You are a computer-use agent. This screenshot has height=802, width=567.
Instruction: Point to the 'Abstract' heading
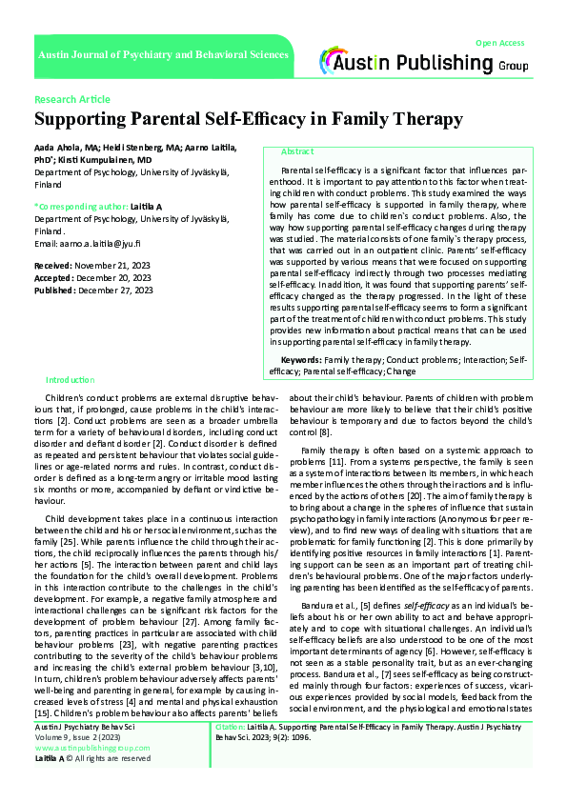pyautogui.click(x=297, y=151)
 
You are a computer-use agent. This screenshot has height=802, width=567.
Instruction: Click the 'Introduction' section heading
pyautogui.click(x=71, y=379)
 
